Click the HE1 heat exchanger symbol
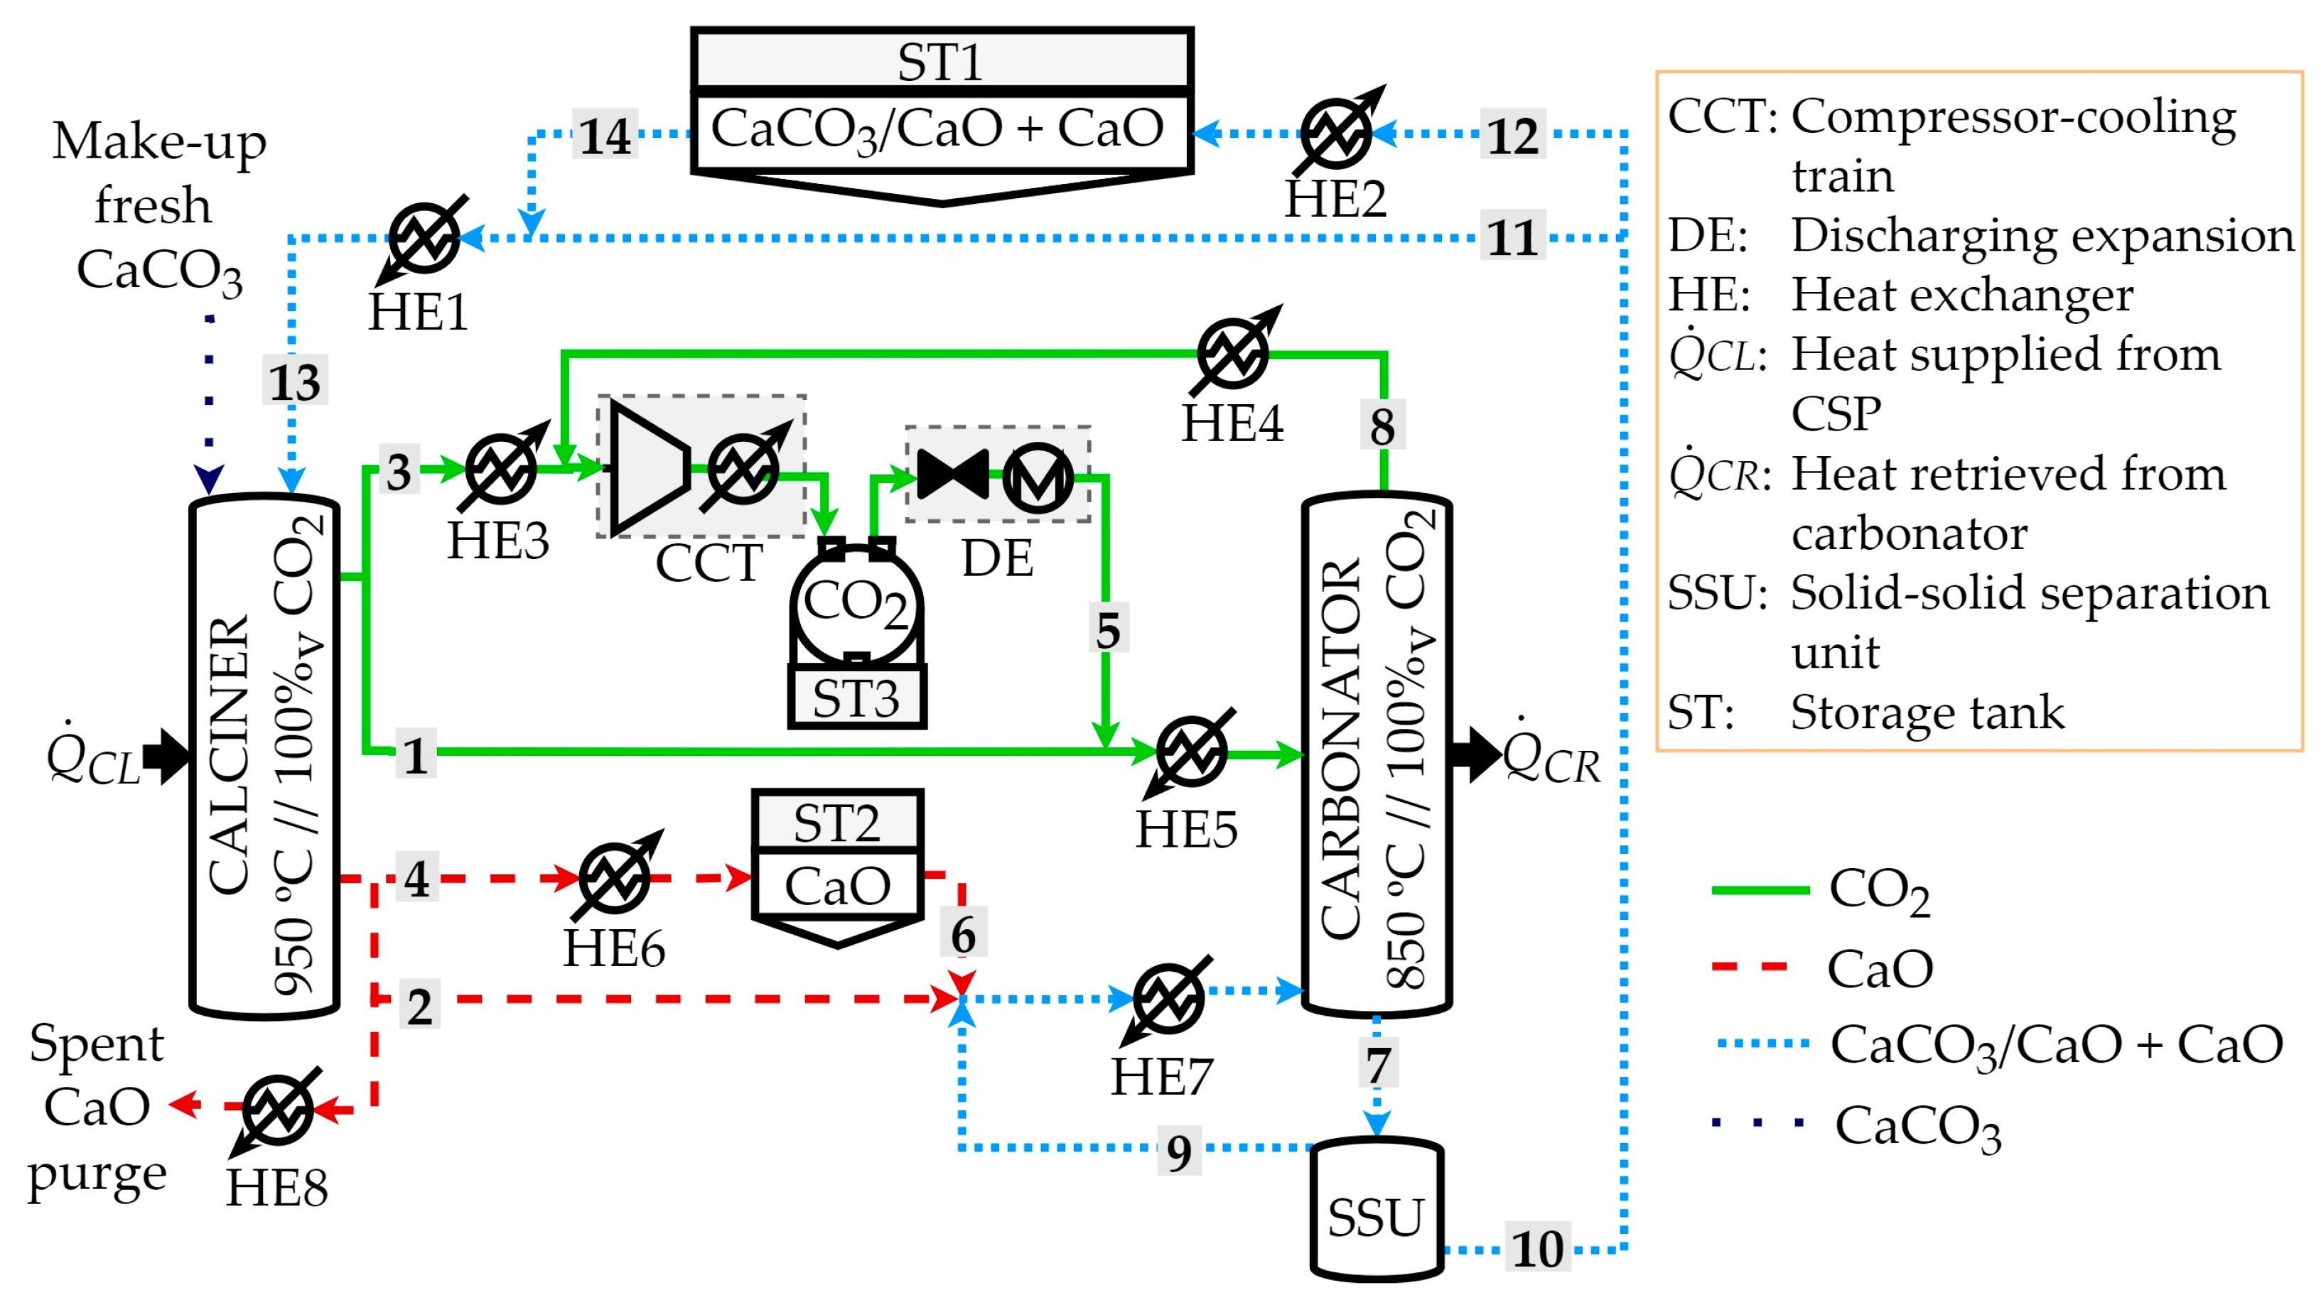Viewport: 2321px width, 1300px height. click(x=424, y=239)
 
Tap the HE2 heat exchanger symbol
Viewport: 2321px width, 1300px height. click(x=1336, y=134)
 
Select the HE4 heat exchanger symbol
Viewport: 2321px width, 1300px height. click(x=1232, y=352)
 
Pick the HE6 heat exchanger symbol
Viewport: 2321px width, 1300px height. click(x=615, y=877)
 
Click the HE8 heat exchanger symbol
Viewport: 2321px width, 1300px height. click(x=277, y=1109)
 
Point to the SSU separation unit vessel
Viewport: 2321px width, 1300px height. click(x=1376, y=1212)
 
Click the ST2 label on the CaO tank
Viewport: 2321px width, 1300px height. click(x=837, y=823)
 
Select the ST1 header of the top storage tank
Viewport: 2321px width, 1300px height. click(x=942, y=61)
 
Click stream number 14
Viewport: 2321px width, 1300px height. click(x=605, y=135)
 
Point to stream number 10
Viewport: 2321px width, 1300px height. click(x=1537, y=1249)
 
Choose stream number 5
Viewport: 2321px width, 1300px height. click(x=1107, y=629)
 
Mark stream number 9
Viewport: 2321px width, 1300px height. click(x=1178, y=1152)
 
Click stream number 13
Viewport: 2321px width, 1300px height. click(x=295, y=381)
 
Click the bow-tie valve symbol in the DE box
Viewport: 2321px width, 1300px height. click(x=952, y=475)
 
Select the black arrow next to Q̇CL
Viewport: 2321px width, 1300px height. click(x=167, y=755)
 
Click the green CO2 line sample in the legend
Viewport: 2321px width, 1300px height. click(x=1760, y=890)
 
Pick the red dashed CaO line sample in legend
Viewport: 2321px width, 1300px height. click(x=1750, y=968)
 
